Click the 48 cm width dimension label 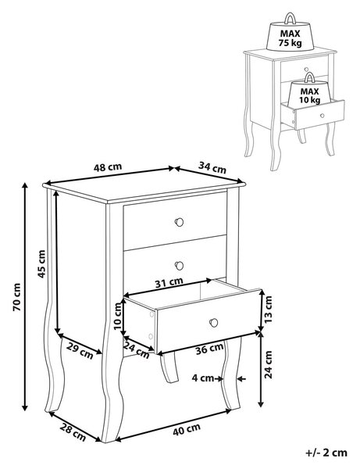(x=108, y=167)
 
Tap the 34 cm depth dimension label (x=212, y=167)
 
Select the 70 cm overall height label (x=16, y=297)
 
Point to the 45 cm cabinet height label (x=41, y=264)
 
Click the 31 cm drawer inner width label (x=169, y=282)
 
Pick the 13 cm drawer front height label (x=269, y=310)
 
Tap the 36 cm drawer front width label (x=209, y=349)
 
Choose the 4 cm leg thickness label (x=203, y=378)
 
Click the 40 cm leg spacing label (x=187, y=430)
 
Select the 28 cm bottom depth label (x=73, y=432)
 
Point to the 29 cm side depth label (x=80, y=350)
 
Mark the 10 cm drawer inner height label (x=118, y=316)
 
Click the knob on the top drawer (x=179, y=222)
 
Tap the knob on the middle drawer (x=180, y=265)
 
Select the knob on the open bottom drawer (x=214, y=323)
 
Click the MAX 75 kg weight (x=290, y=36)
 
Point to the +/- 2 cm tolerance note (x=326, y=453)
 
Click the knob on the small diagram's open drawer (x=322, y=116)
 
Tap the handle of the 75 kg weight (x=290, y=18)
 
